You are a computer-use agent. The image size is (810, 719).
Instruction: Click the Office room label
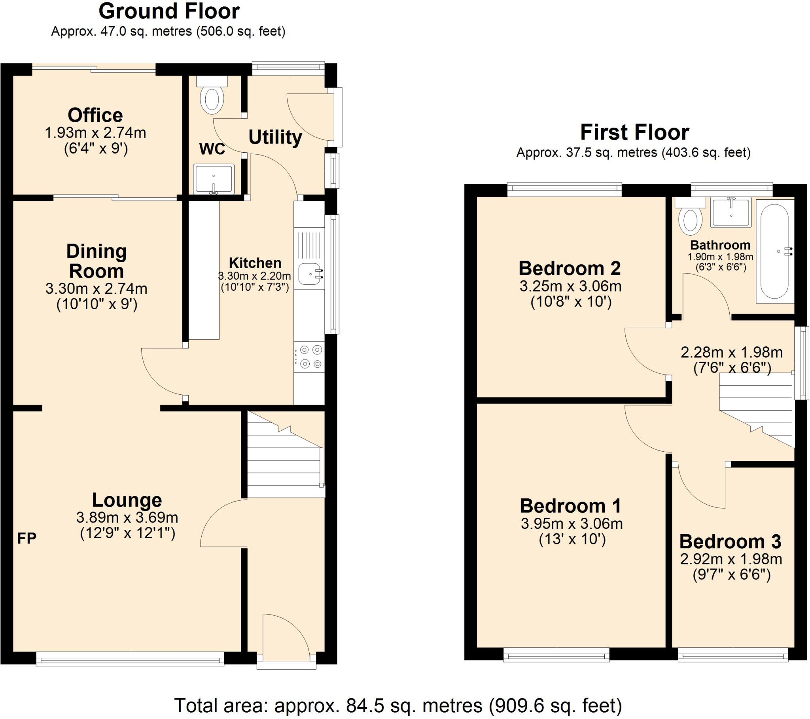coord(95,115)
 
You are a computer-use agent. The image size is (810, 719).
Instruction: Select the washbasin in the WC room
coord(214,179)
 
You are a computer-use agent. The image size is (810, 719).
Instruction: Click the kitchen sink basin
coord(310,274)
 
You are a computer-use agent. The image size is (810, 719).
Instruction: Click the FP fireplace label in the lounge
coord(27,538)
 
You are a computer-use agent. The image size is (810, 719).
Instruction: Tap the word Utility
coord(275,137)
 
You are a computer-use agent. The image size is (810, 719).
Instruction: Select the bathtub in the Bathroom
coord(775,251)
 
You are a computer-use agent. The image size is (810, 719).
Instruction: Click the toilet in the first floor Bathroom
coord(690,218)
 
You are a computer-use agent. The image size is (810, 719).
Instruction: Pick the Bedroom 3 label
coord(730,541)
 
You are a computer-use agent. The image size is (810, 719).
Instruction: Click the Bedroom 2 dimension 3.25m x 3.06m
coord(570,286)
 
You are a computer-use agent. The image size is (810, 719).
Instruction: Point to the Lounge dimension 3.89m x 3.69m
coord(127,517)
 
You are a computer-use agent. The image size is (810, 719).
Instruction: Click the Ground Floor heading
coord(169,11)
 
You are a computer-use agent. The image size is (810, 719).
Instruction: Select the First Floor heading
coord(634,132)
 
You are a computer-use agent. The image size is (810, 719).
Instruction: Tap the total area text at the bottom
coord(398,706)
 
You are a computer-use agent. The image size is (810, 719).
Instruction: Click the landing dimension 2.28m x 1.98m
coord(732,352)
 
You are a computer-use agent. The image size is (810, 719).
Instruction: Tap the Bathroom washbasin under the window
coord(731,213)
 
